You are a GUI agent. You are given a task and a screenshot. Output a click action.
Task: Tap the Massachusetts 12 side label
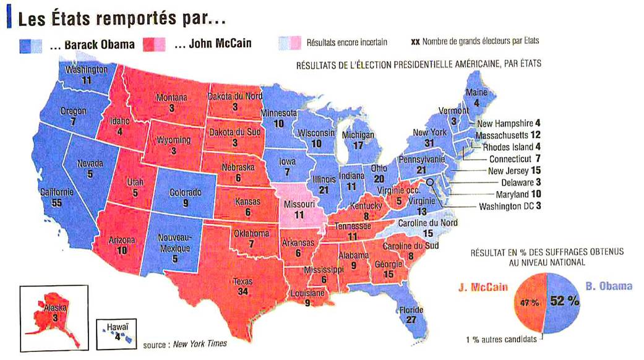click(x=508, y=135)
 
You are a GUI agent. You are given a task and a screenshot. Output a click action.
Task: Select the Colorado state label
click(x=186, y=192)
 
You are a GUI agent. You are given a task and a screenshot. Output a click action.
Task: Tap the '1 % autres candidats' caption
click(x=502, y=338)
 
